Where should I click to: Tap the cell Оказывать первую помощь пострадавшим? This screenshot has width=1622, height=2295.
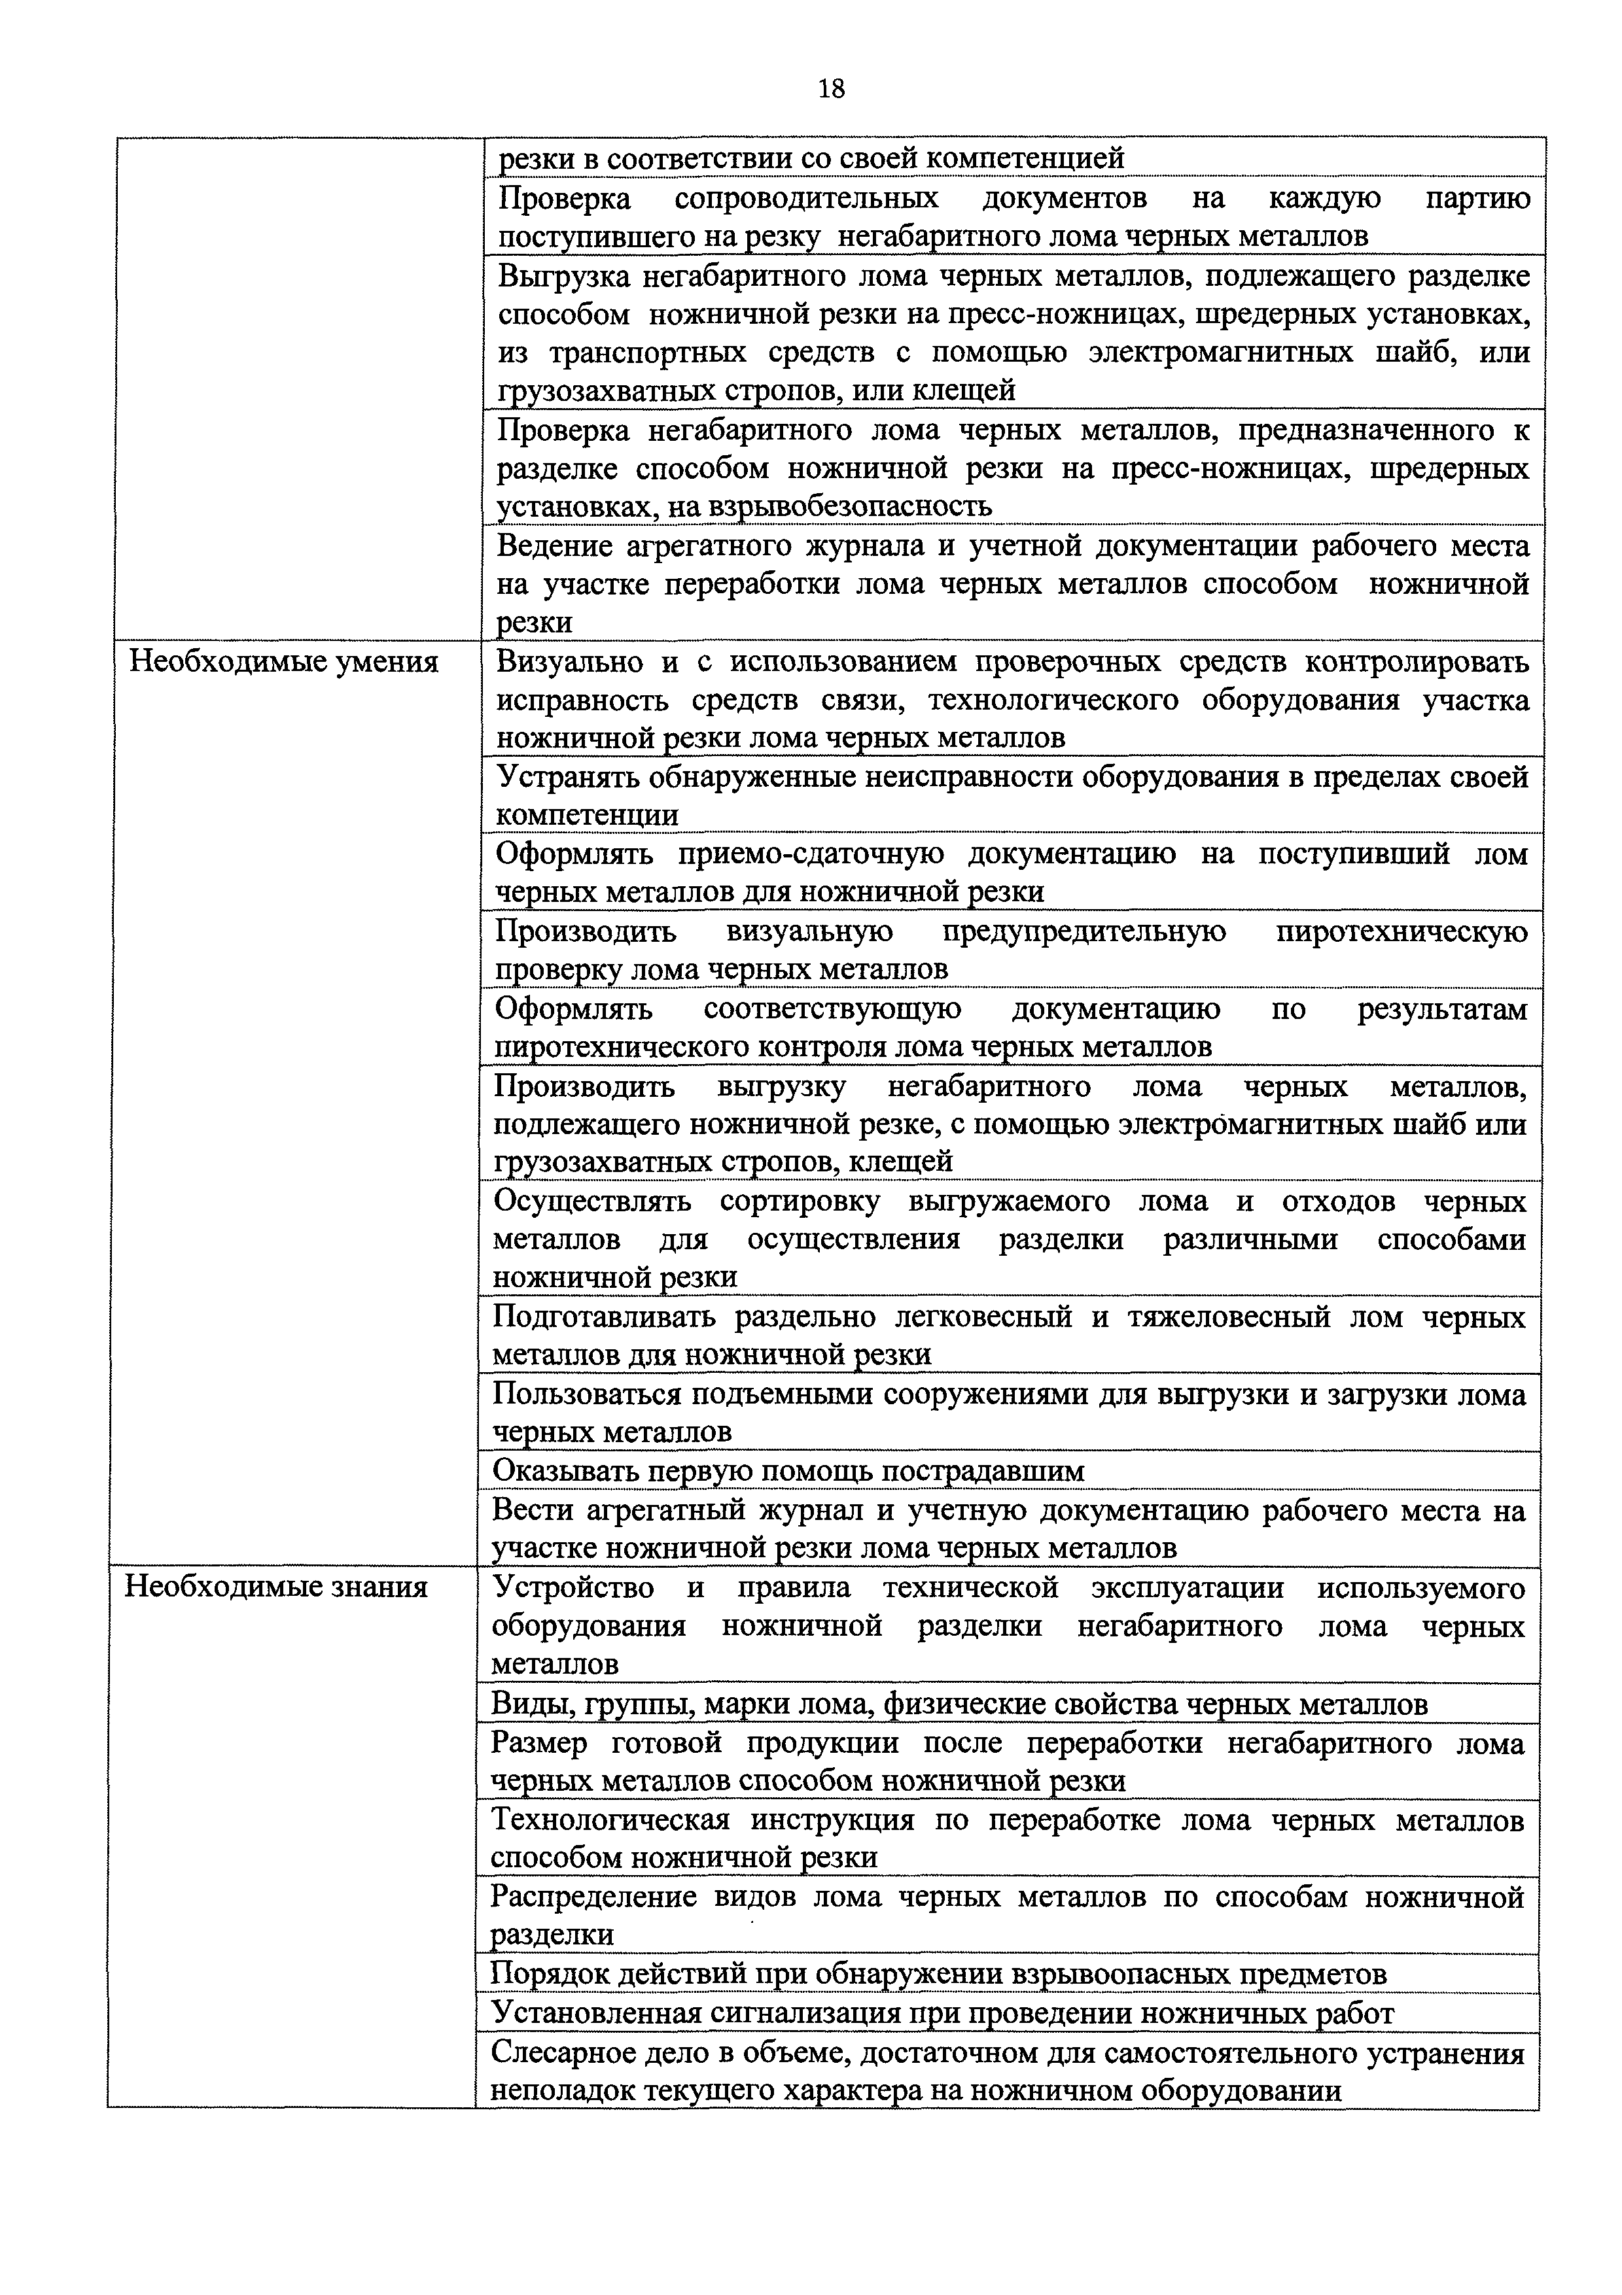(789, 1470)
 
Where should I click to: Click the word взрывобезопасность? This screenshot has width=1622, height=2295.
(850, 507)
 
